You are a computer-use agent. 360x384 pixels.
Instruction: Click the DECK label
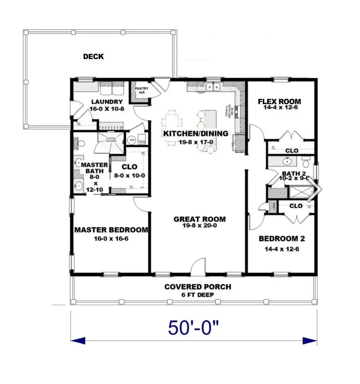[x=93, y=57]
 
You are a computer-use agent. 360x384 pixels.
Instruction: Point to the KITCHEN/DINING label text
[x=195, y=133]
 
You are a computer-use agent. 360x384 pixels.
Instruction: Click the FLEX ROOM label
[x=279, y=101]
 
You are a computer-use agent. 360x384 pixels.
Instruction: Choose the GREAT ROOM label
[x=199, y=219]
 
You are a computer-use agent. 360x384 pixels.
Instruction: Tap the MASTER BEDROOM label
[x=111, y=230]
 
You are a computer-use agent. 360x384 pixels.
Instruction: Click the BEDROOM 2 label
[x=282, y=239]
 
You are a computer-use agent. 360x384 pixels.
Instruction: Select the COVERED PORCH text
[x=198, y=287]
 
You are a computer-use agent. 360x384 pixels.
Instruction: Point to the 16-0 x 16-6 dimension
[x=111, y=239]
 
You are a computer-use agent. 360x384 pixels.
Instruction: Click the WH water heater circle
[x=132, y=140]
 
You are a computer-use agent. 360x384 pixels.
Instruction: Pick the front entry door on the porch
[x=198, y=269]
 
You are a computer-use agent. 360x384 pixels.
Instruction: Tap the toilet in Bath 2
[x=306, y=163]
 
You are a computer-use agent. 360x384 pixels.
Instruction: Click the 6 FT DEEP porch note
[x=198, y=295]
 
